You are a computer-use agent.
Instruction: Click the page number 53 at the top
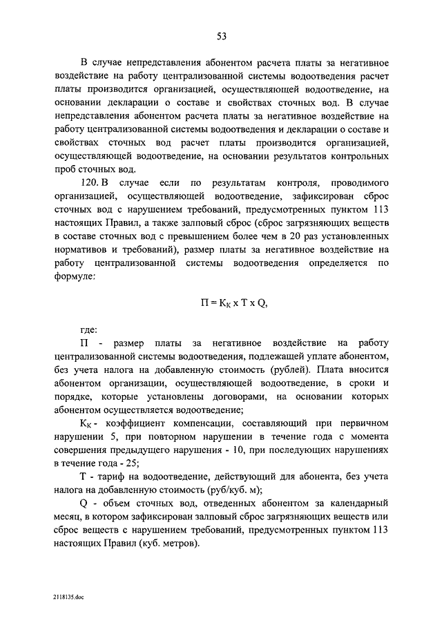point(221,37)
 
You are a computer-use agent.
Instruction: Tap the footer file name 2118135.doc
point(68,595)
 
